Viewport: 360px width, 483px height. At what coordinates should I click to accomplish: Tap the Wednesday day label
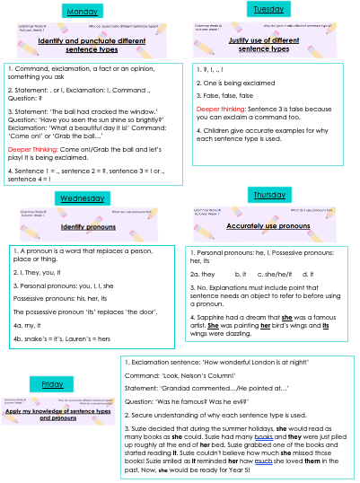pyautogui.click(x=83, y=198)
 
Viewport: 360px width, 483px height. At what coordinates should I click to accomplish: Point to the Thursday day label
pyautogui.click(x=267, y=195)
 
